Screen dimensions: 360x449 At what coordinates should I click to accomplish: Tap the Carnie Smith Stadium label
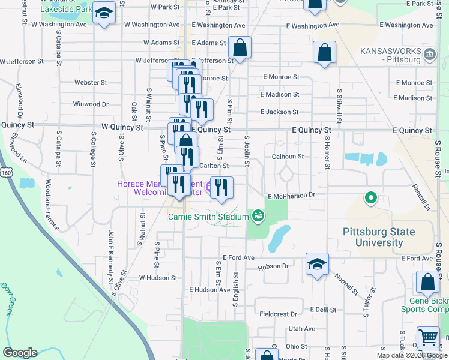pos(208,217)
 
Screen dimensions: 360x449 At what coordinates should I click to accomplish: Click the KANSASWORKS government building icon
pos(430,56)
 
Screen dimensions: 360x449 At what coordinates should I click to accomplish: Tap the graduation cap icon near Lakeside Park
pos(104,13)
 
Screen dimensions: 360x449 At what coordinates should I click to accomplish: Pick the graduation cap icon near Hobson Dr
pos(317,265)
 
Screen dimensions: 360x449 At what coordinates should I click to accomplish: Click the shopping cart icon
pos(428,337)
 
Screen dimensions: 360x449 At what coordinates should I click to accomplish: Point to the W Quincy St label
pos(122,128)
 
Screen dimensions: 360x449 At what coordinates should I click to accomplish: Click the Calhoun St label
pos(287,156)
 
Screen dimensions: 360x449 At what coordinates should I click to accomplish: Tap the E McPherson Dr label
pos(291,196)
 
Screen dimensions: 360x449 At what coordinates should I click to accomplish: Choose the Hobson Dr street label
pos(274,266)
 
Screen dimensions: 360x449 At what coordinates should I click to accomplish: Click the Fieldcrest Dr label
pos(279,314)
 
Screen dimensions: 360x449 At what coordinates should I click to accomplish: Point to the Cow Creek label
pos(7,299)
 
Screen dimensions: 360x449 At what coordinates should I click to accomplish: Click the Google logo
pos(19,353)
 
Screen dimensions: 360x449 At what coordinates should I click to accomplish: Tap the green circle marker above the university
pos(371,197)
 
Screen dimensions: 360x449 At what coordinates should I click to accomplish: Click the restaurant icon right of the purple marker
pos(221,188)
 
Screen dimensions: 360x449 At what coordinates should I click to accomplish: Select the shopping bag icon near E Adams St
pos(240,49)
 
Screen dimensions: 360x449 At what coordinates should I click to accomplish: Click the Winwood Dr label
pos(90,104)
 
